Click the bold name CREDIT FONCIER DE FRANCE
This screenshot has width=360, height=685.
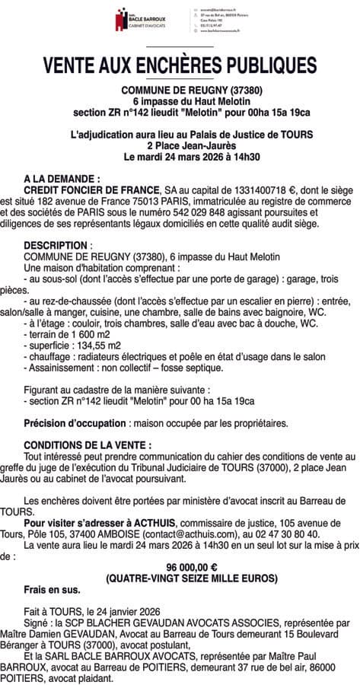click(x=92, y=188)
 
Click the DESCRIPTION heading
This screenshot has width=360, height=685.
click(x=56, y=247)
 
